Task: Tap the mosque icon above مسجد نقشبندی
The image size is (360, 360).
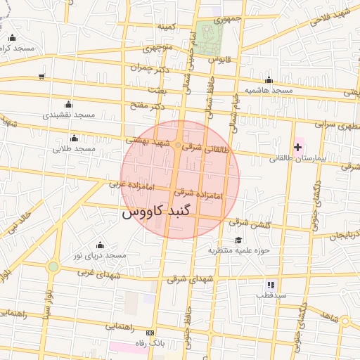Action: pos(68,104)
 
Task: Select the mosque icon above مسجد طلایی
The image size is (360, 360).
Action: pos(74,138)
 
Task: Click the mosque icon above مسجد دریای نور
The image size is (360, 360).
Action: pos(99,245)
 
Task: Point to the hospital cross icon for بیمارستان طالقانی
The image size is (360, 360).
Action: pos(298,147)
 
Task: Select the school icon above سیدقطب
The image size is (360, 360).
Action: pos(271,285)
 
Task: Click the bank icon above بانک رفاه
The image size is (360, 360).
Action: pos(149,333)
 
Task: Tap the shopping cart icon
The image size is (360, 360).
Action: pos(43,77)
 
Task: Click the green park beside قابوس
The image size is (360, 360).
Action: pos(209,39)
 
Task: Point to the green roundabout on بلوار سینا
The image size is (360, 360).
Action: pos(53,266)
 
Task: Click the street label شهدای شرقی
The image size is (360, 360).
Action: pos(188,278)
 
